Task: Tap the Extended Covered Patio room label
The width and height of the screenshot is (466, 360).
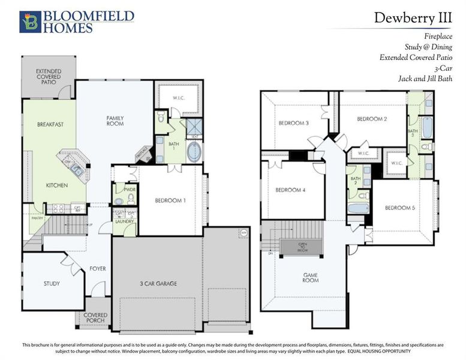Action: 48,77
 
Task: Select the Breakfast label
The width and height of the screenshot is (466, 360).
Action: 50,124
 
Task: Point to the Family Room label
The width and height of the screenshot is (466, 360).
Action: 115,121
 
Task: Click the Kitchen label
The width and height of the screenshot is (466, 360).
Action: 57,185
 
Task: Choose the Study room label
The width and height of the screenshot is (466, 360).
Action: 52,283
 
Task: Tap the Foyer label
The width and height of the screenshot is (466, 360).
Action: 97,268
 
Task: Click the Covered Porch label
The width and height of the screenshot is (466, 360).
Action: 95,317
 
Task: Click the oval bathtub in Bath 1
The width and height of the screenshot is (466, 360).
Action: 194,152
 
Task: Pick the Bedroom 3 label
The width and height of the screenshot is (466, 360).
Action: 293,124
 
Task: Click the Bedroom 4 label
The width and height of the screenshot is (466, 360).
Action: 290,190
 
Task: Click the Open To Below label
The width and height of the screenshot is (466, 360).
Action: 302,246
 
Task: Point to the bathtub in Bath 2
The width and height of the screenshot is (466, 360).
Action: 358,209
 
